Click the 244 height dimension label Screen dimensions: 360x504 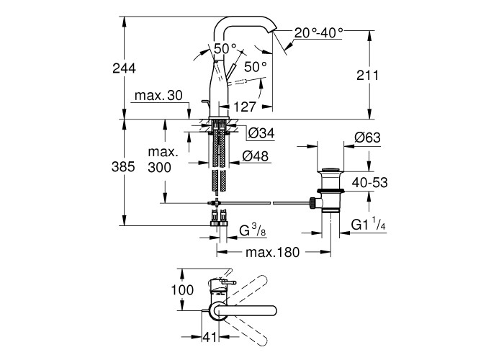(x=124, y=68)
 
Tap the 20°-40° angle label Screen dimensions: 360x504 (x=319, y=32)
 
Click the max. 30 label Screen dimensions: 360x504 (x=157, y=96)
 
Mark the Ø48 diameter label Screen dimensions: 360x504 (x=256, y=155)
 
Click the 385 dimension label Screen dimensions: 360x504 (x=124, y=167)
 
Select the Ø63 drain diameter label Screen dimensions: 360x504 (x=367, y=138)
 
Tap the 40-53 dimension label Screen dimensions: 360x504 (x=369, y=183)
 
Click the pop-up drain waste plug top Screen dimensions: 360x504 (x=331, y=171)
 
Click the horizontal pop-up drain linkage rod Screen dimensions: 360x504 (x=266, y=204)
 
